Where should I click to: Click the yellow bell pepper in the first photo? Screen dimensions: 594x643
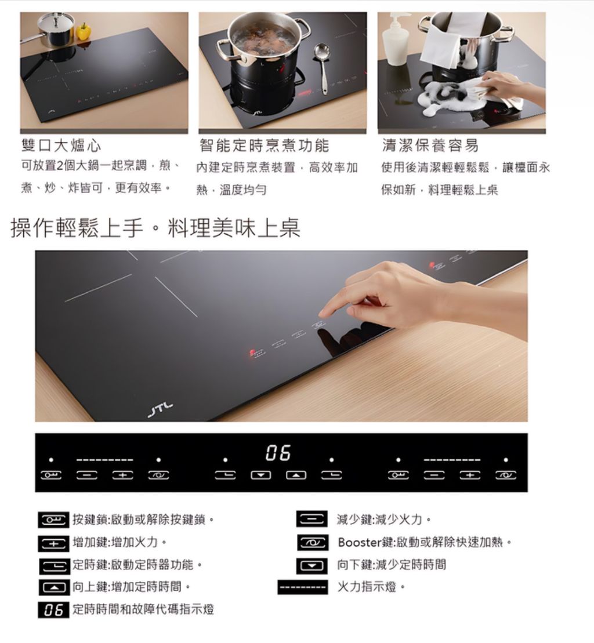(84, 31)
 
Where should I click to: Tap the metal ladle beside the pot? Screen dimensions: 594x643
(321, 66)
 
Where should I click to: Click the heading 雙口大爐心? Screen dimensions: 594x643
(61, 146)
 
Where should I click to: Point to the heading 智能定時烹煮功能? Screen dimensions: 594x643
(265, 146)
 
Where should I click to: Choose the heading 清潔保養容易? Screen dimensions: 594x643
(430, 146)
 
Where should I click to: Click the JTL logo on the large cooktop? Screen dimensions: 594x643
(161, 409)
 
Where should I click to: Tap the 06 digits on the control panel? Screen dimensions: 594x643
(278, 453)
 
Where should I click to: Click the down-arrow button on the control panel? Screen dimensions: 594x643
(261, 475)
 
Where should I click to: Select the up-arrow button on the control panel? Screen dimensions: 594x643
(296, 475)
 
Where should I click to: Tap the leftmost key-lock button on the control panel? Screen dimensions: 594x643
(51, 475)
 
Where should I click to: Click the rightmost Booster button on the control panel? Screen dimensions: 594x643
(506, 475)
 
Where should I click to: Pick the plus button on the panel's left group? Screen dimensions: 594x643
(122, 475)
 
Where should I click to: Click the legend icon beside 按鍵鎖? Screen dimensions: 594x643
(54, 520)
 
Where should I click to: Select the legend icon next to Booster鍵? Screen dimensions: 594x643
(313, 543)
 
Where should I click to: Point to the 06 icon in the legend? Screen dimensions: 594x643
(54, 610)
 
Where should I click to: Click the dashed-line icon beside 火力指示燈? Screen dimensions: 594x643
(303, 587)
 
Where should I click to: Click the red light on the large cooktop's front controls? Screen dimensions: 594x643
(252, 353)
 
